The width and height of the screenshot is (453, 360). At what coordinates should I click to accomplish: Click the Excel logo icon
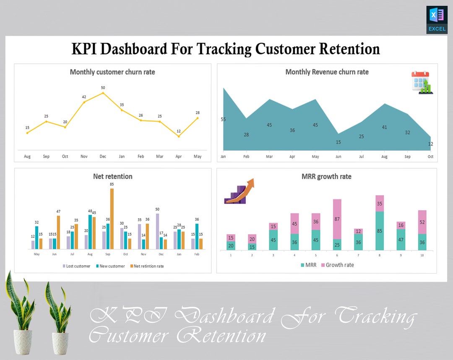(437, 20)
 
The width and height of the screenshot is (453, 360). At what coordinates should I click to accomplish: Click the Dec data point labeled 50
(103, 93)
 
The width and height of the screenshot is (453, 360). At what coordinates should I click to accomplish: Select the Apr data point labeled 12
(179, 136)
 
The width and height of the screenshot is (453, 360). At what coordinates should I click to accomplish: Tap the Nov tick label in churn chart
(84, 157)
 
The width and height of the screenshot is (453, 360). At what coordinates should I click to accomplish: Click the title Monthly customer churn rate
(112, 72)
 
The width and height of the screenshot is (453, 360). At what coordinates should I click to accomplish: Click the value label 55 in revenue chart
(223, 120)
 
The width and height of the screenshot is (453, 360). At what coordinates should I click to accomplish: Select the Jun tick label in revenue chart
(338, 157)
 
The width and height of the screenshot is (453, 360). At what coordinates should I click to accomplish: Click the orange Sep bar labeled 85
(112, 219)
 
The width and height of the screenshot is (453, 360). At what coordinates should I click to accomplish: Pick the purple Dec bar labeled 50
(157, 231)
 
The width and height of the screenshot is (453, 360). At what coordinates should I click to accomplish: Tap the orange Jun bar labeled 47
(58, 232)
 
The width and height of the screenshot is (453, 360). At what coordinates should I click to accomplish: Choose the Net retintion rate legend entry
(146, 266)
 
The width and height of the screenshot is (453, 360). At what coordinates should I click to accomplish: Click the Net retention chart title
(112, 177)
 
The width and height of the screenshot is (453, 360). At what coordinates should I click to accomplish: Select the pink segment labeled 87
(337, 219)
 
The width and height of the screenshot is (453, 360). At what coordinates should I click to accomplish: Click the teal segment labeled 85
(380, 231)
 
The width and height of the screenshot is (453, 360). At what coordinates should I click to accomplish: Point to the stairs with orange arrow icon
(239, 191)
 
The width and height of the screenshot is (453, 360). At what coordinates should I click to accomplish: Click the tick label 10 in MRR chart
(422, 255)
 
